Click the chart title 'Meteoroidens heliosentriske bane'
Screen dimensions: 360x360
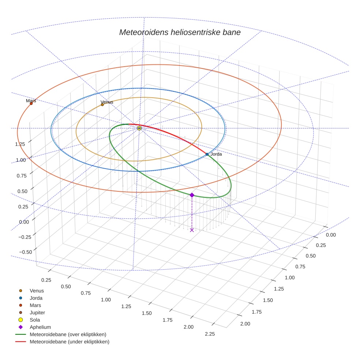click(x=180, y=32)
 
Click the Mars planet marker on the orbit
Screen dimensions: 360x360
click(x=31, y=104)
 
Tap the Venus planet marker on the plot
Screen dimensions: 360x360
click(x=102, y=105)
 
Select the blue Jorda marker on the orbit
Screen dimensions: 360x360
click(x=207, y=154)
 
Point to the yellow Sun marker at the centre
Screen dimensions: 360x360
click(x=139, y=128)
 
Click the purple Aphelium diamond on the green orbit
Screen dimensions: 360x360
click(x=192, y=195)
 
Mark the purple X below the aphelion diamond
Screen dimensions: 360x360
click(x=192, y=230)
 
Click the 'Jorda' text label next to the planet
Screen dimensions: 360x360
click(x=216, y=154)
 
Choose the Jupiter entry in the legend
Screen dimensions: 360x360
click(x=37, y=312)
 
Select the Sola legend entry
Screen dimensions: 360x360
click(x=34, y=320)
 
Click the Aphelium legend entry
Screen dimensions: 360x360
click(x=40, y=327)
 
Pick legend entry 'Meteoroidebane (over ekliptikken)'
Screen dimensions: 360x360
click(x=68, y=334)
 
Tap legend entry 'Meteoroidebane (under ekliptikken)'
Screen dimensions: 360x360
click(x=69, y=342)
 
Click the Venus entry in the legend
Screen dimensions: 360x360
click(x=37, y=290)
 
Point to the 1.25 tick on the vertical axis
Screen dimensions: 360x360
click(x=20, y=144)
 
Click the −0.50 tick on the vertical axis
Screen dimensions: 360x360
click(x=19, y=252)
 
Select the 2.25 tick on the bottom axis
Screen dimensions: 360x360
click(x=210, y=334)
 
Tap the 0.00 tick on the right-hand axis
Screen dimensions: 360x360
click(x=331, y=235)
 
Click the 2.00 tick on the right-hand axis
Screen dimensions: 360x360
click(x=245, y=323)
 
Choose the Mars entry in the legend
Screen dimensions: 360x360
click(x=35, y=305)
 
